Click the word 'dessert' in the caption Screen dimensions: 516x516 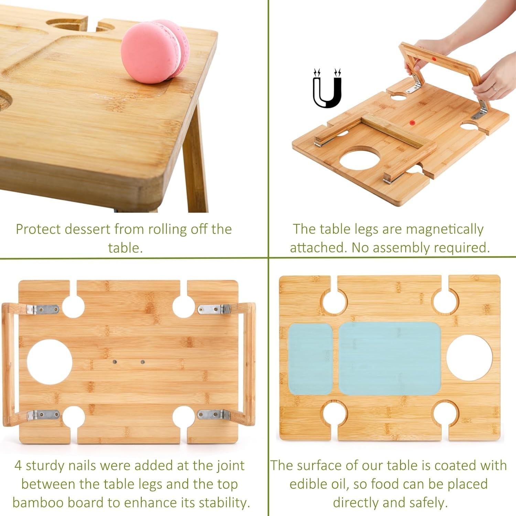[x=87, y=229]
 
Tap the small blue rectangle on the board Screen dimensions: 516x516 [x=310, y=359]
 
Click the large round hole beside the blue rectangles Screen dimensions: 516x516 [x=469, y=358]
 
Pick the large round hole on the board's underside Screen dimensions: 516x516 [x=50, y=362]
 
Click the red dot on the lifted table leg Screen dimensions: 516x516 [x=434, y=59]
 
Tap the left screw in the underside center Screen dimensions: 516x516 [x=115, y=362]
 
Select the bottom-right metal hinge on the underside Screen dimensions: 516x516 [x=214, y=415]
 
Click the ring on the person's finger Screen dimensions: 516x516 [x=495, y=89]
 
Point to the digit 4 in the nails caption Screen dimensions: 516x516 [x=18, y=466]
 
